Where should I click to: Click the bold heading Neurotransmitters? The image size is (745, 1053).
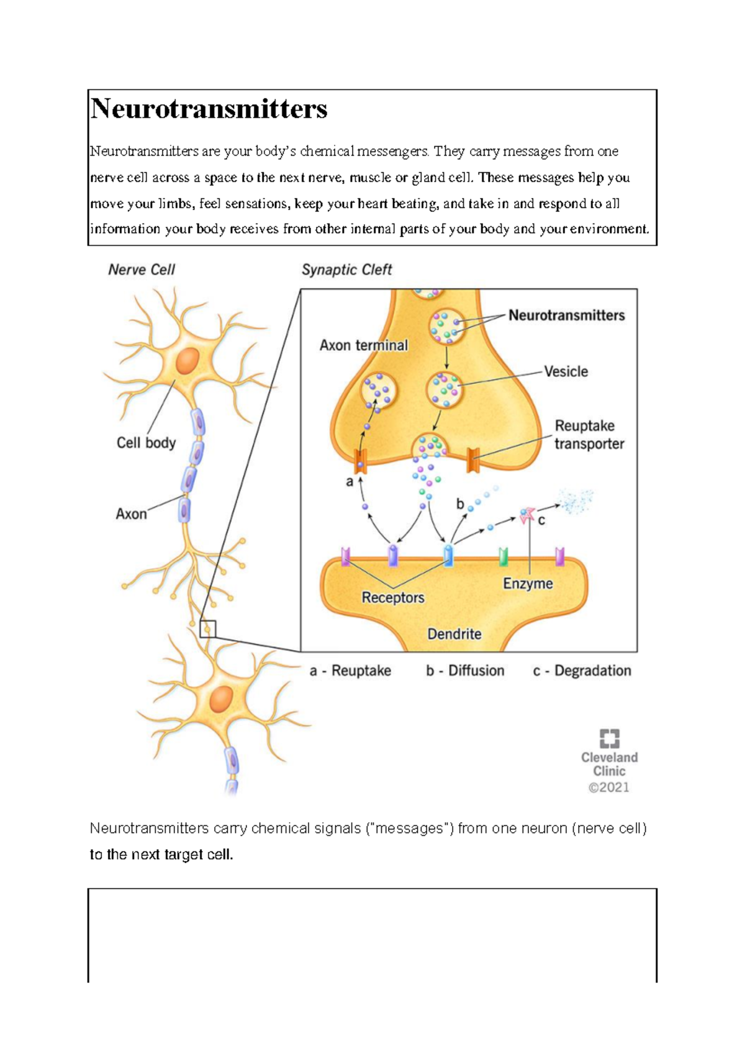coord(209,109)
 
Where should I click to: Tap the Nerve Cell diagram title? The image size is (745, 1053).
coord(142,269)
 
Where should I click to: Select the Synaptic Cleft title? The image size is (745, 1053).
coord(346,269)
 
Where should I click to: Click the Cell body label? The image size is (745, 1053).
coord(146,443)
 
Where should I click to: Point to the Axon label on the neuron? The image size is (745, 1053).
coord(131,514)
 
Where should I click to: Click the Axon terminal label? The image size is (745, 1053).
coord(363,345)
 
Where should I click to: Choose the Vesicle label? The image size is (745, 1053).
coord(566,371)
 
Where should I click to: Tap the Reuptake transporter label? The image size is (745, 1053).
coord(589,435)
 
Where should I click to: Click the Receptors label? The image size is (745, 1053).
coord(393,597)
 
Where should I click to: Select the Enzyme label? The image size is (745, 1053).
coord(528,584)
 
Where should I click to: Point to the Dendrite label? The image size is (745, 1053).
coord(454,634)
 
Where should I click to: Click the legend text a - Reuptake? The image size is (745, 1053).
coord(350,671)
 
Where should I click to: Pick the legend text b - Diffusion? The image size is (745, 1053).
coord(465,671)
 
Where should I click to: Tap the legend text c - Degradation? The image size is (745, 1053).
coord(582,671)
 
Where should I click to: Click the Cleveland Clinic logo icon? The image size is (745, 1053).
coord(609,738)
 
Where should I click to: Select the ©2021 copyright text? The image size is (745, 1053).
coord(608,787)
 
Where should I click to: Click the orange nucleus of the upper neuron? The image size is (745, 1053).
coord(187,361)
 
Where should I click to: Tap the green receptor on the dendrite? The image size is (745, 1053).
coord(503,556)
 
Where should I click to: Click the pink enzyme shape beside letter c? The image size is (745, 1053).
coord(527,514)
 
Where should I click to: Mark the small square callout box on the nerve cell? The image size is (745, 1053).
coord(207,629)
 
